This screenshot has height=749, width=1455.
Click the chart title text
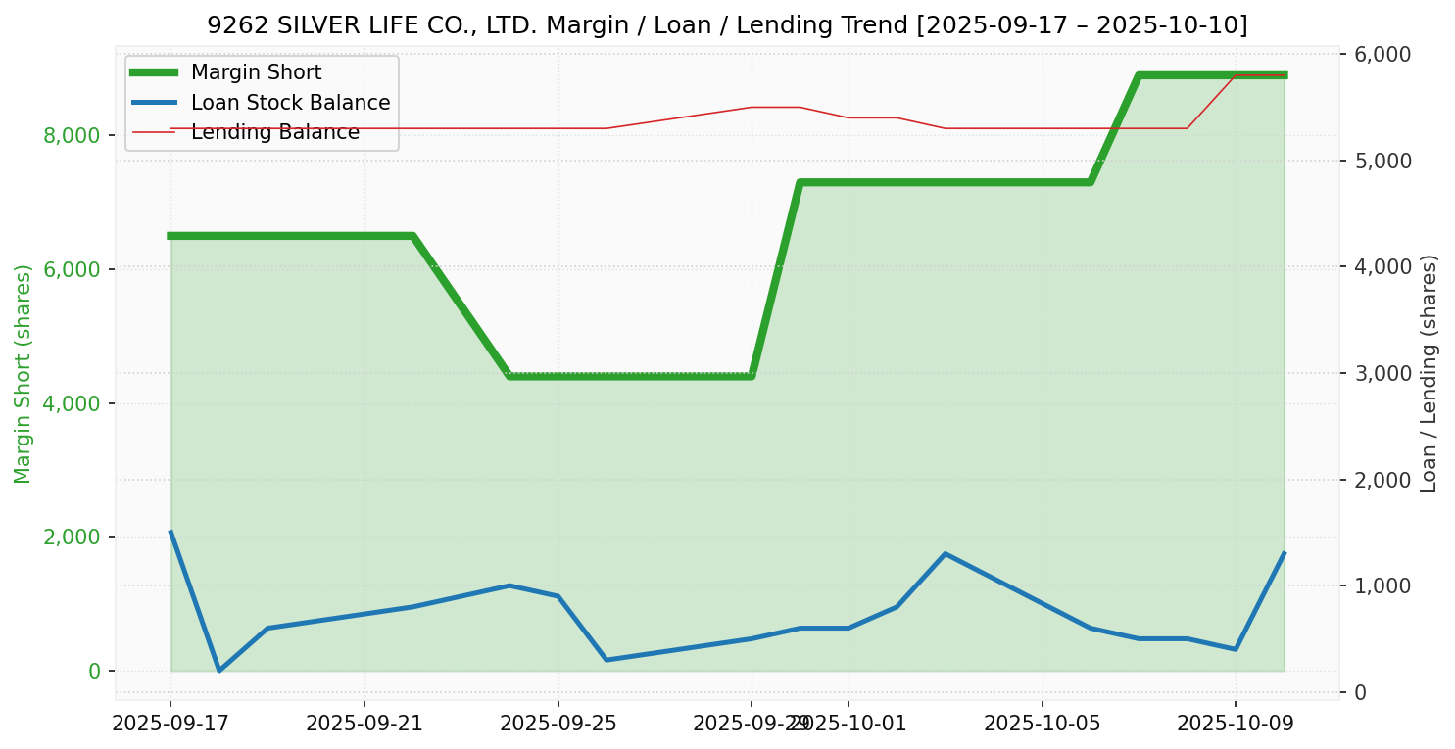click(x=727, y=24)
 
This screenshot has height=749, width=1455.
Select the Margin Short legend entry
click(x=256, y=72)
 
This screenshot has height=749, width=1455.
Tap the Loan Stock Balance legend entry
click(x=290, y=103)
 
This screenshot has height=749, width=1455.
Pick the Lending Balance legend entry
click(x=274, y=132)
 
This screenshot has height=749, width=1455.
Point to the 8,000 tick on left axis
click(x=72, y=135)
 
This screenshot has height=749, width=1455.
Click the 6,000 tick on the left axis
click(x=72, y=269)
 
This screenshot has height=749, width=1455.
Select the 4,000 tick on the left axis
click(x=72, y=403)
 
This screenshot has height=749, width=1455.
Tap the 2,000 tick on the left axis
click(x=72, y=537)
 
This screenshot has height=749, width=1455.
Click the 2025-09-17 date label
click(x=170, y=724)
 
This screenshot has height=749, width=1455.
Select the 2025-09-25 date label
click(x=558, y=724)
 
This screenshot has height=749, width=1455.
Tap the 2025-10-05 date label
click(x=1042, y=724)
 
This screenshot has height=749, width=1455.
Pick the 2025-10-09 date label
click(x=1235, y=724)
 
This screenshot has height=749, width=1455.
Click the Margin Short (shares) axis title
click(x=24, y=374)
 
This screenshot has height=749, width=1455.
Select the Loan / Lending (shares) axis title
click(x=1429, y=373)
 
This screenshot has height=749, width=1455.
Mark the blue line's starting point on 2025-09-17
click(x=170, y=533)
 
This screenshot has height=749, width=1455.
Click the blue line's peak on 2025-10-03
click(x=945, y=554)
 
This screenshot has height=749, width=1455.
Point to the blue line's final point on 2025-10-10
click(x=1284, y=554)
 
